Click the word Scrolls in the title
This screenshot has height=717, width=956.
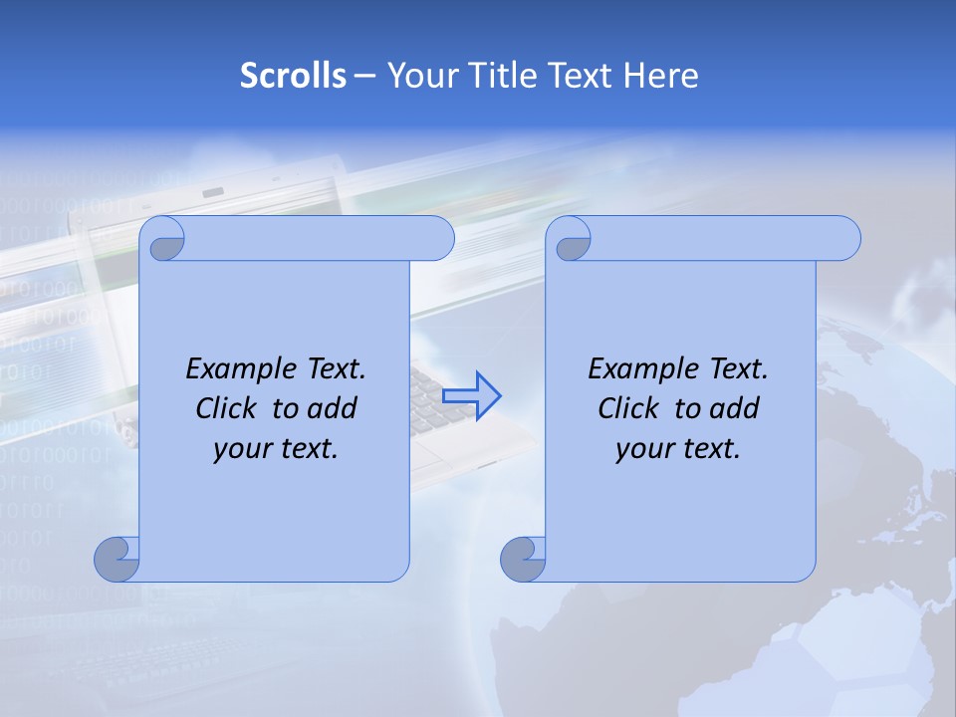(x=293, y=75)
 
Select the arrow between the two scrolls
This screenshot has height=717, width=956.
(x=472, y=395)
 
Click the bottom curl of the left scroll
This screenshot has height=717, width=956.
(x=117, y=559)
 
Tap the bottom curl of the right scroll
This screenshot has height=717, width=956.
(x=523, y=559)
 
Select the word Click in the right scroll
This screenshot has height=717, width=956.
(x=629, y=408)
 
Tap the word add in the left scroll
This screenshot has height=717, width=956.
(x=334, y=408)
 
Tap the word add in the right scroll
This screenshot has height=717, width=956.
(x=735, y=408)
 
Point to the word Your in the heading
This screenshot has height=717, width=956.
(x=420, y=75)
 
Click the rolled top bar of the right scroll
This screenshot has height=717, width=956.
(x=717, y=238)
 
